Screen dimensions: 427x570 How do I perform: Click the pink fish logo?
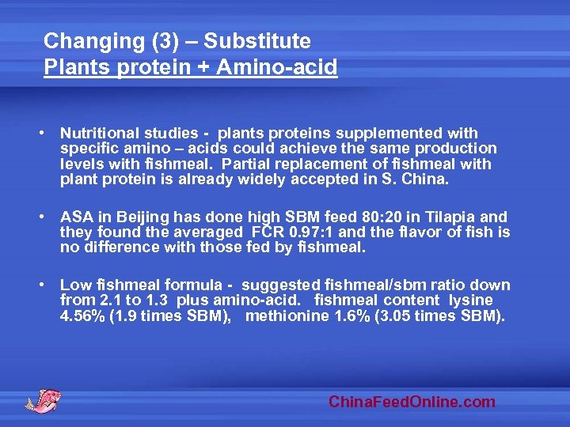43,399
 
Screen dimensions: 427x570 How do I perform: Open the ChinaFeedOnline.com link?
412,402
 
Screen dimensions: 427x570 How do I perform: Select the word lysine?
470,300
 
